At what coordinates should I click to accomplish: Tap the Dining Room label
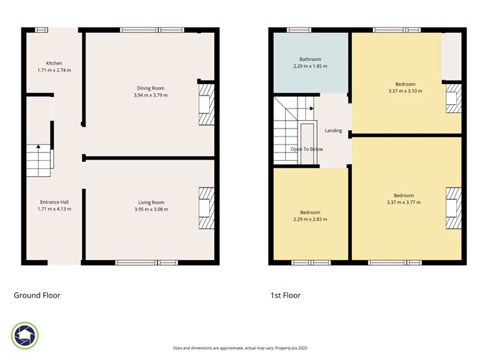149,88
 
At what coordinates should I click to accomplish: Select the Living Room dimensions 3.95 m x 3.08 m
150,209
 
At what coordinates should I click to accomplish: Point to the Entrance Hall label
54,202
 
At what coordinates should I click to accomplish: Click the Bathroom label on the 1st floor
310,59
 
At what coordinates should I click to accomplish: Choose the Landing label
333,131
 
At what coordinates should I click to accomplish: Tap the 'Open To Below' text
307,149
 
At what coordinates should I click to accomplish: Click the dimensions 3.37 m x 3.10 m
405,91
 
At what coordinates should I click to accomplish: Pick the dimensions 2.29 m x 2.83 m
310,219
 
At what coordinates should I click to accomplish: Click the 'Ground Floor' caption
37,295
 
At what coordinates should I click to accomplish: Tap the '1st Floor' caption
285,295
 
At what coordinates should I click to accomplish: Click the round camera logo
25,335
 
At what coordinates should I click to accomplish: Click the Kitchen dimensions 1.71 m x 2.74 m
54,70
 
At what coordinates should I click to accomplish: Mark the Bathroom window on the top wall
298,29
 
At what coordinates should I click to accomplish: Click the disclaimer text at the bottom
239,348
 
